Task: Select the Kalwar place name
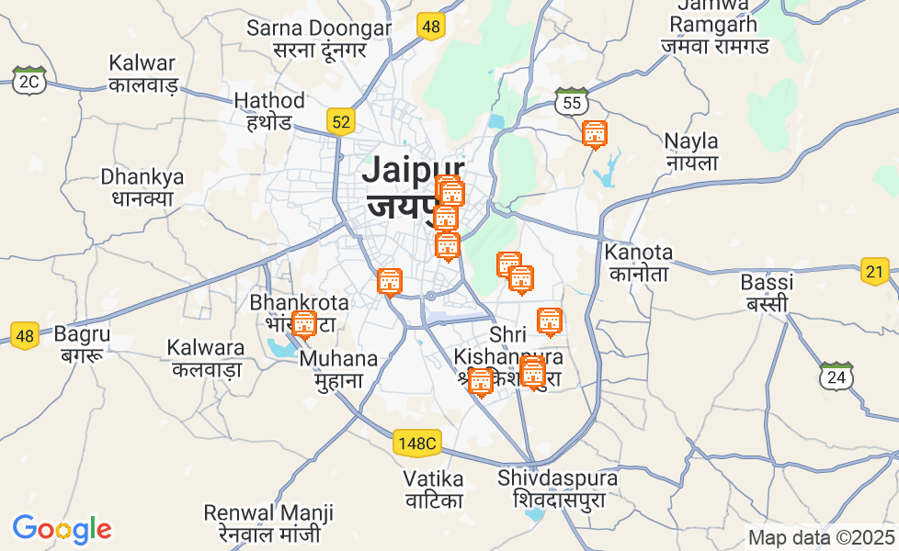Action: coord(142,73)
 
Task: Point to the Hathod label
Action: coord(268,110)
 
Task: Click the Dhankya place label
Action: coord(142,186)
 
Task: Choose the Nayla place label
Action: coord(691,152)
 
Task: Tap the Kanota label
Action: coord(638,262)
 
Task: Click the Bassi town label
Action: coord(767,292)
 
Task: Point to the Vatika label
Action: coord(434,489)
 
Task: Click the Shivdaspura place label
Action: coord(558,489)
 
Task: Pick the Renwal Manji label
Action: coord(268,523)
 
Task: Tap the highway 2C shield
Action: coord(29,81)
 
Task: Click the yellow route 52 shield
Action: coord(341,120)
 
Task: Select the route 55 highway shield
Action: coord(572,102)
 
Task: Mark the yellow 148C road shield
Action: coord(417,444)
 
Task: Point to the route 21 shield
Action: coord(875,271)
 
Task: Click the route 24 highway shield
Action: coord(835,376)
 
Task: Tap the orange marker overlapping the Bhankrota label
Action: coord(303,324)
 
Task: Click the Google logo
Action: coord(62,529)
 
